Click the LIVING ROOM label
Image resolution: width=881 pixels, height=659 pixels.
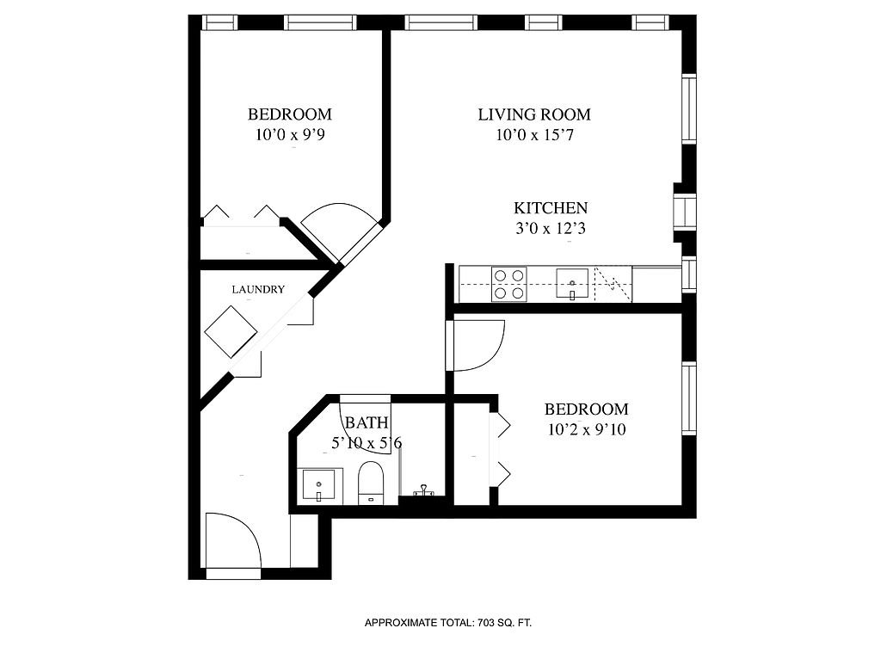[x=534, y=114]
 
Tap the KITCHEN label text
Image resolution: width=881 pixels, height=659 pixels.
[x=551, y=208]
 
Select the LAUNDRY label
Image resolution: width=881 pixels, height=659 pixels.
[x=258, y=290]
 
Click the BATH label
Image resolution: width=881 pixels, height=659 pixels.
[x=367, y=423]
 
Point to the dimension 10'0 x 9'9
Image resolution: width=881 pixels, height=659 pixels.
[x=290, y=135]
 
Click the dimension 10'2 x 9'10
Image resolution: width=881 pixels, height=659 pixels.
[x=586, y=430]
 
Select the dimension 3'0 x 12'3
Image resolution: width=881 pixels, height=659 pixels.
[x=551, y=229]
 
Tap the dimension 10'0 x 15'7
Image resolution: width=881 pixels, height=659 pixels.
[x=534, y=135]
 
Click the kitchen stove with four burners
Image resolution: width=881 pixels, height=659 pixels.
[x=508, y=284]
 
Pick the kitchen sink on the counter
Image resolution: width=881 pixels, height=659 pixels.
[x=572, y=282]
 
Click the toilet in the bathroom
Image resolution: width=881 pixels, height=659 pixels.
[x=371, y=482]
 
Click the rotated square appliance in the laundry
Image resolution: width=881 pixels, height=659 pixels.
[x=231, y=331]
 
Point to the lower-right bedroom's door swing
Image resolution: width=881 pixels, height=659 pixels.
[x=477, y=345]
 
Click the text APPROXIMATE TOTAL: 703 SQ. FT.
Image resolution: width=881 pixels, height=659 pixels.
[x=448, y=622]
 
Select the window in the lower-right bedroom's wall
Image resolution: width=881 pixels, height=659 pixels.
[x=689, y=399]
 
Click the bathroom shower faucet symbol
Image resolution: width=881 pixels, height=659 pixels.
[x=422, y=491]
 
